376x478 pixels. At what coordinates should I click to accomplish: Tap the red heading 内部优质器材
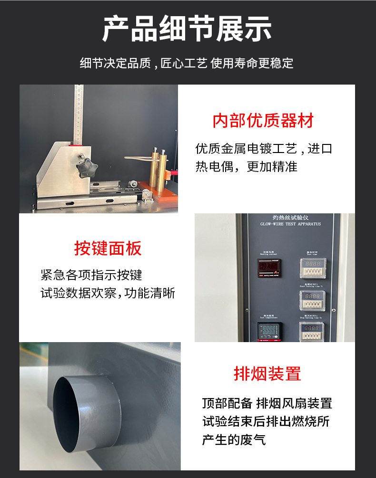tap(263, 121)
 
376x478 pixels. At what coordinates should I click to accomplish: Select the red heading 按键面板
tap(108, 248)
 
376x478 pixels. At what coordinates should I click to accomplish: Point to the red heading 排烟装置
tap(267, 373)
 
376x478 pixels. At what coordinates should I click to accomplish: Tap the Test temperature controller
tap(269, 332)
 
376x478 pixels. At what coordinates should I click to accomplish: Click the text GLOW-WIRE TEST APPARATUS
tap(290, 224)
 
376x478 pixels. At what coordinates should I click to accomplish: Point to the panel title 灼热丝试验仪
tap(290, 218)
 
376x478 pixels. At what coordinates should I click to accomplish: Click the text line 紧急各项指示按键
tap(91, 275)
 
